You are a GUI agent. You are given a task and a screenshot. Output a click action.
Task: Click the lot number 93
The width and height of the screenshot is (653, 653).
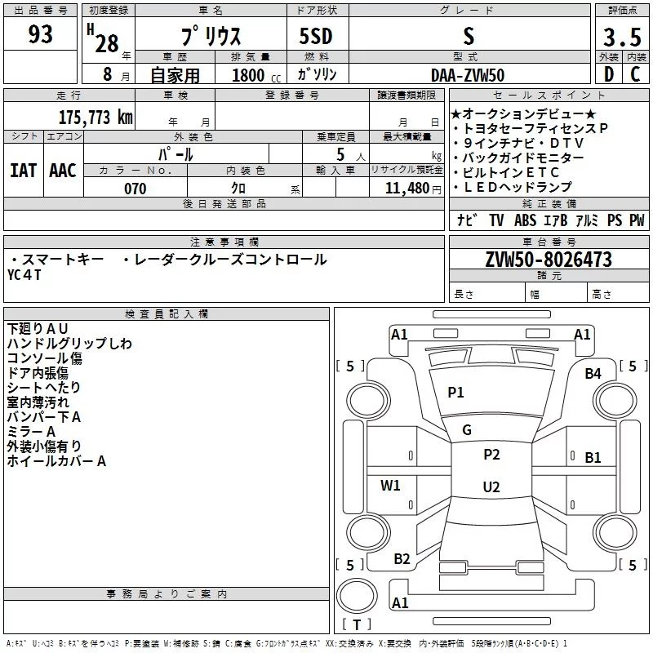(40, 33)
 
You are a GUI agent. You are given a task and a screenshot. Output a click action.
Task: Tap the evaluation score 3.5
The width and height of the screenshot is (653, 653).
(622, 37)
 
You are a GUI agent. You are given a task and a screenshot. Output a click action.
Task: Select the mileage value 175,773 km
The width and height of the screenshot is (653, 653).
(96, 118)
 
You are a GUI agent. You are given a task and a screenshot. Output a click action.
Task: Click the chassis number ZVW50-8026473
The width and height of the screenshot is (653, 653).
(549, 260)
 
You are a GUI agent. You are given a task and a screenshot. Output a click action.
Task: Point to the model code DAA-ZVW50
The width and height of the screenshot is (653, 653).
(468, 75)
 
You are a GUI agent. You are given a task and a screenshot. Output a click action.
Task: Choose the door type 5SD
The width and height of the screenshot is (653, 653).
(316, 36)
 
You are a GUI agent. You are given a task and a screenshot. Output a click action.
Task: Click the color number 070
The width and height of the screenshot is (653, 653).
(135, 189)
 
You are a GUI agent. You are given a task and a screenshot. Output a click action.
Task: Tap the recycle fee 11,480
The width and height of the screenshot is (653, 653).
(406, 189)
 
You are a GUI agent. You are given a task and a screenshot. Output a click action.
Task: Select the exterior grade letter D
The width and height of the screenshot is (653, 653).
(609, 74)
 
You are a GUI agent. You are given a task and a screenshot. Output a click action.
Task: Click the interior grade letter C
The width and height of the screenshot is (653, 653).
(635, 74)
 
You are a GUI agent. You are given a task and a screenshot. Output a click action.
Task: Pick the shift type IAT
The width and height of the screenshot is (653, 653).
(24, 171)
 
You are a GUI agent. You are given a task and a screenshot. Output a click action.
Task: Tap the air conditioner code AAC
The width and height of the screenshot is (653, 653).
(63, 171)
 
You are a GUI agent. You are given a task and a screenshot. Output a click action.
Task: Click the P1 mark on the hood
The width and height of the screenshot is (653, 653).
(455, 392)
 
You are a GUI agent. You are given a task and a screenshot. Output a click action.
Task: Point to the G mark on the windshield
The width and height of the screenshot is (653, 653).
(467, 430)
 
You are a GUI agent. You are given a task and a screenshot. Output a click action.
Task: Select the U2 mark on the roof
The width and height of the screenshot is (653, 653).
(491, 486)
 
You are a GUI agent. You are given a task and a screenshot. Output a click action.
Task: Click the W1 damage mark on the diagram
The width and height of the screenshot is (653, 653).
(390, 485)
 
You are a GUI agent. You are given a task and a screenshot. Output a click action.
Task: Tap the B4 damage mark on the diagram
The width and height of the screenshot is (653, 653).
(593, 374)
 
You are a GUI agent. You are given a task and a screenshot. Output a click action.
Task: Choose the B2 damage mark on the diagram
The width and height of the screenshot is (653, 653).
(402, 558)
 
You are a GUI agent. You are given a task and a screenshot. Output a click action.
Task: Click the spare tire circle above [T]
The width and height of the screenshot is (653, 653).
(357, 596)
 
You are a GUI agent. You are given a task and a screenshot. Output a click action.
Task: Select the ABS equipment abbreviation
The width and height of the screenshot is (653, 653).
(525, 220)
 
